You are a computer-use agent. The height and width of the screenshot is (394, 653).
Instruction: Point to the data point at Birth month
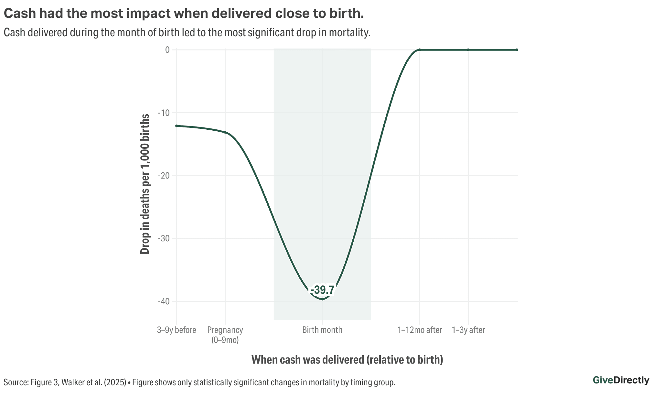click(322, 299)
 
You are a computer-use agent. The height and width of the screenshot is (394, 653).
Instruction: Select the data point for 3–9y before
click(177, 126)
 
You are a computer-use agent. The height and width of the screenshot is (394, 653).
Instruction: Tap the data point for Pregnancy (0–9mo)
click(225, 132)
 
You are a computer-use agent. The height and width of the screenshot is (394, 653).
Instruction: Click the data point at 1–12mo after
click(420, 50)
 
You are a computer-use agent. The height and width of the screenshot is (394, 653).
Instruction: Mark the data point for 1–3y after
click(468, 50)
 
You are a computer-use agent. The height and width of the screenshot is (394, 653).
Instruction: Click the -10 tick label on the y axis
click(164, 113)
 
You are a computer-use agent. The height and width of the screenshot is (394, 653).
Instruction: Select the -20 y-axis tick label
click(164, 176)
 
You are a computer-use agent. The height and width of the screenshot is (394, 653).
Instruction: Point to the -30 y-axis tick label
click(164, 239)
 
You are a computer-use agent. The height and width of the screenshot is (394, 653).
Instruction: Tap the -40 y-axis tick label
click(164, 301)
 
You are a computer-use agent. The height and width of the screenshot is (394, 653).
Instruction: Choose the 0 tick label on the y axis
click(167, 50)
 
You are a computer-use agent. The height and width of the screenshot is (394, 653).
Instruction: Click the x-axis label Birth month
click(322, 330)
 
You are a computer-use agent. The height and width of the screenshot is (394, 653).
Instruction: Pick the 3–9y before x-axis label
click(177, 330)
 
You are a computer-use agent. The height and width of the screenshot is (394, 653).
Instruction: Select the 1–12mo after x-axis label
click(420, 330)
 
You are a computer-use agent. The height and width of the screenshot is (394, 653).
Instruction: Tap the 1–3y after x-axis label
click(468, 330)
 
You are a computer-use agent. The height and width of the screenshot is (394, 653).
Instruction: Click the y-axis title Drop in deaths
click(145, 184)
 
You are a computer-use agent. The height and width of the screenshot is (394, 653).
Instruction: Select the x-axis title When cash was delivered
click(347, 360)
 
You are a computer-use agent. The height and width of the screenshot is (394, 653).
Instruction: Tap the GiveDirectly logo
click(621, 380)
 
